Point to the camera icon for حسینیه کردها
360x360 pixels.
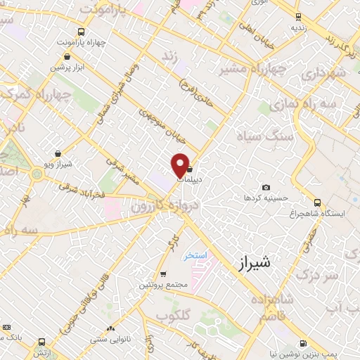pos(266,187)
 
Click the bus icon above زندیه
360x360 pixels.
pos(299,17)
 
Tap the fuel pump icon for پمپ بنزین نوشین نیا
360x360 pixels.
pos(303,344)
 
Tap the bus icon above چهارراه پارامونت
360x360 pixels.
pos(82,32)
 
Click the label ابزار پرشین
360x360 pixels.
pos(67,67)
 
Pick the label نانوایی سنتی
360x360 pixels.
pos(109,338)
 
